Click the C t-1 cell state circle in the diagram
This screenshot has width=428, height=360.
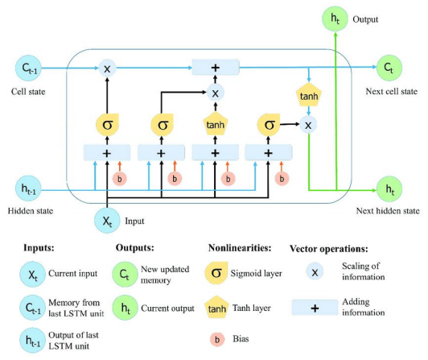point(28,68)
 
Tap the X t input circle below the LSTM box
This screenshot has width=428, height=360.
point(107,221)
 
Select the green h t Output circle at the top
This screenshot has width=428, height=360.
point(335,19)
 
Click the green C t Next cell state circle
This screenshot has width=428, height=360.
point(389,68)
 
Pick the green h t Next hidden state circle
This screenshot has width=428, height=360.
point(389,189)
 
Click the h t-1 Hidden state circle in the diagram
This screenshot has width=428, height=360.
point(28,188)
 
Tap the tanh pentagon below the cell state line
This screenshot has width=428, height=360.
point(309,95)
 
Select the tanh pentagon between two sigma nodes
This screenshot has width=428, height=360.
point(216,124)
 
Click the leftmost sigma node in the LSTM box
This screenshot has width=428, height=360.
point(107,125)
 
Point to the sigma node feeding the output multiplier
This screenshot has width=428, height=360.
point(269,125)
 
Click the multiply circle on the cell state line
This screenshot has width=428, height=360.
point(107,68)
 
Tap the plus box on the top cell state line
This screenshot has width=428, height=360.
point(216,67)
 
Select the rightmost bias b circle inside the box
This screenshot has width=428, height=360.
point(282,179)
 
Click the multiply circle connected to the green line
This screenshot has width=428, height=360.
point(308,125)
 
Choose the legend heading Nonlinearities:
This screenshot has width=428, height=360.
point(240,248)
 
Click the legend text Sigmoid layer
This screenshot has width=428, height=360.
point(256,273)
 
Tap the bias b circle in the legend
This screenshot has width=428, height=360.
point(217,340)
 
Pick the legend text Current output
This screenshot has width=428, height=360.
point(167,308)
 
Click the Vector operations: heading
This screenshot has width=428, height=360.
point(328,249)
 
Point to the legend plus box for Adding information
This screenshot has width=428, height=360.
point(315,308)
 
